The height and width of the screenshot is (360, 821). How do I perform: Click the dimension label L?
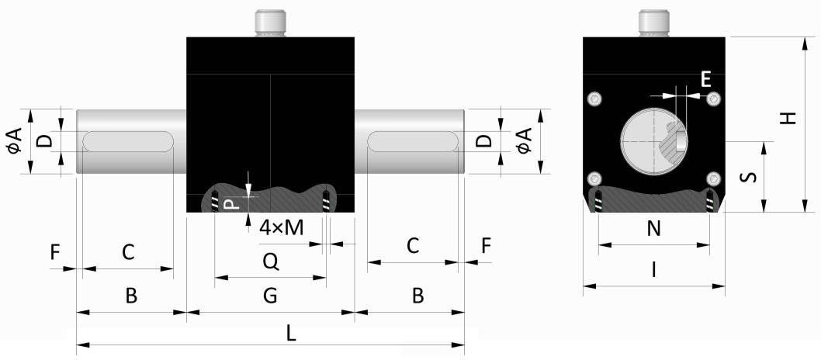click(x=291, y=333)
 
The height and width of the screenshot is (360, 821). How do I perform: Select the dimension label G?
click(x=269, y=296)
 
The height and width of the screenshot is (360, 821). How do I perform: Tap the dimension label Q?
click(x=270, y=263)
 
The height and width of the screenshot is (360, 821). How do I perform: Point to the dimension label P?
click(x=230, y=205)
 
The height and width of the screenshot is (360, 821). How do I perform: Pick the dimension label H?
click(x=788, y=118)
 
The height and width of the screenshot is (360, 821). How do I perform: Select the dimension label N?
click(x=653, y=229)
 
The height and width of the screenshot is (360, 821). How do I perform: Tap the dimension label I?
click(x=653, y=269)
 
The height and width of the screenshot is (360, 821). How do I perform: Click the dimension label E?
click(x=705, y=78)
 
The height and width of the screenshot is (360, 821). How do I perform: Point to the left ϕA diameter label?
click(x=15, y=141)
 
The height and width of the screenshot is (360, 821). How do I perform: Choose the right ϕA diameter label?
click(x=525, y=141)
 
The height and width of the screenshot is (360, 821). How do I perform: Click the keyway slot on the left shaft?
click(x=129, y=142)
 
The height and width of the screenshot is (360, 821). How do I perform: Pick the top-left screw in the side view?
click(x=595, y=98)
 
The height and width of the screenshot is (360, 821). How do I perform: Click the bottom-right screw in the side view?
click(x=712, y=179)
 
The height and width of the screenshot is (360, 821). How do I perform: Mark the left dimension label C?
click(x=128, y=251)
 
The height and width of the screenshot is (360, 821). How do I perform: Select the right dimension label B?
click(x=417, y=296)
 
